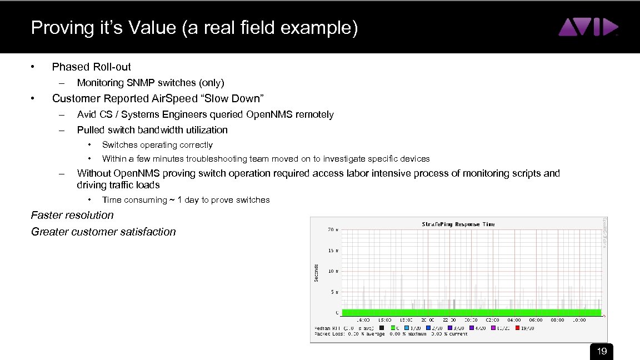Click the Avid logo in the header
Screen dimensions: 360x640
click(x=588, y=27)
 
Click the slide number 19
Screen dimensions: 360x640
click(x=601, y=351)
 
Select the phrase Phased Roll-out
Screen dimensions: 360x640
click(x=91, y=67)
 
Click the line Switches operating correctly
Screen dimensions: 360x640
click(x=157, y=144)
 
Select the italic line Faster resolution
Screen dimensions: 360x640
click(x=72, y=215)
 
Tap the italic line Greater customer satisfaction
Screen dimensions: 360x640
click(x=103, y=232)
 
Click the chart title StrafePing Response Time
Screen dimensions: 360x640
click(x=458, y=224)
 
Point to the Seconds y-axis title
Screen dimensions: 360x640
click(x=317, y=272)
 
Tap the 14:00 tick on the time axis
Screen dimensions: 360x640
click(x=363, y=320)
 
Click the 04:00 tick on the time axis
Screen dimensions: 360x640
click(x=514, y=320)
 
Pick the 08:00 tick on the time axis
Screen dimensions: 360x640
click(x=557, y=320)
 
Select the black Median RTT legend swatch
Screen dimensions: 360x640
click(x=381, y=328)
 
